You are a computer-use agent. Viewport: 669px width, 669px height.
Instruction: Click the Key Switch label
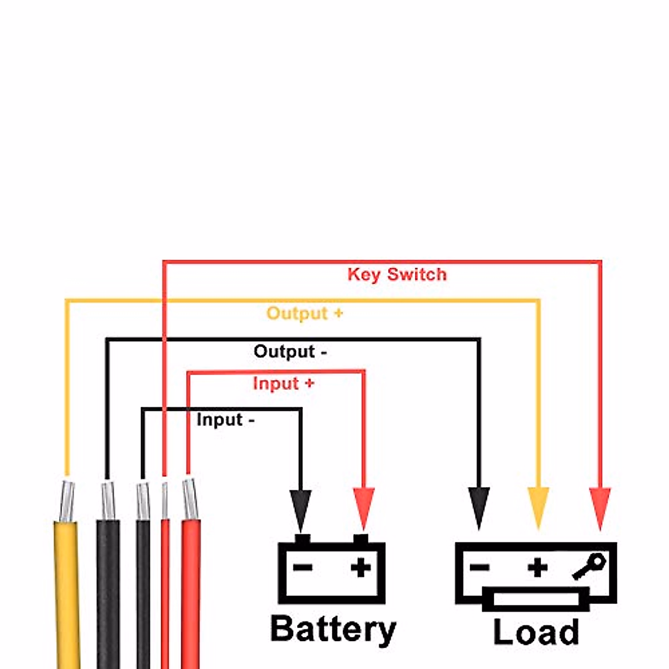point(397,274)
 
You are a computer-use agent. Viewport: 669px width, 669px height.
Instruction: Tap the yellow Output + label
point(304,313)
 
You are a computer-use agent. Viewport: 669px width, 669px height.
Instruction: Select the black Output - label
point(290,352)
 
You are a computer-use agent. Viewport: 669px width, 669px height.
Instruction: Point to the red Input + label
point(283,384)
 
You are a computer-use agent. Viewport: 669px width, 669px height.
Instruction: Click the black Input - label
point(225,420)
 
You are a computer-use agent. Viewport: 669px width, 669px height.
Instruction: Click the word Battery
point(333,629)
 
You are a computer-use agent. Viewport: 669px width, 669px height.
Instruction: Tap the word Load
point(536,632)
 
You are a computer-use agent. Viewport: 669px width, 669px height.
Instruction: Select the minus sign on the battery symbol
point(303,568)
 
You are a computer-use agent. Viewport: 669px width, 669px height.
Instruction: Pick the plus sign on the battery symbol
point(361,568)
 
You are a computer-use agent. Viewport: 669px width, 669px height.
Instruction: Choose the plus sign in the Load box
point(537,568)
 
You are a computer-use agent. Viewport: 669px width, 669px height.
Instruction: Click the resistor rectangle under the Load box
point(536,600)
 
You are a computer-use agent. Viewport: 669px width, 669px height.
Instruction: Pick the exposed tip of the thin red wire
point(164,499)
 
